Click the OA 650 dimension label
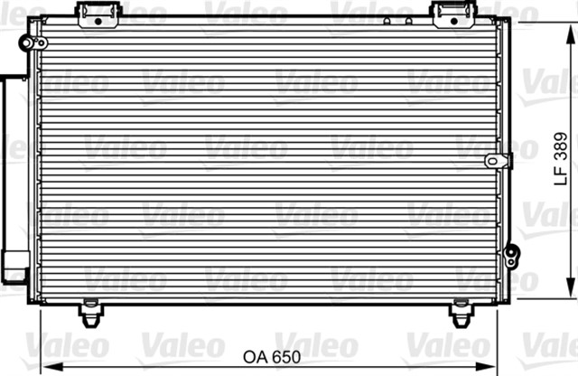point(272,357)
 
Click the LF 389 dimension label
point(561,159)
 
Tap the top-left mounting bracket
point(98,14)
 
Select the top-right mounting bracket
point(453,14)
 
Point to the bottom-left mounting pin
point(90,313)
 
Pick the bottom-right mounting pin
point(461,313)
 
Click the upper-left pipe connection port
point(33,43)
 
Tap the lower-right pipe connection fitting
point(512,256)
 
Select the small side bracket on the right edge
point(499,161)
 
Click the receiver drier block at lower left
point(15,267)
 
